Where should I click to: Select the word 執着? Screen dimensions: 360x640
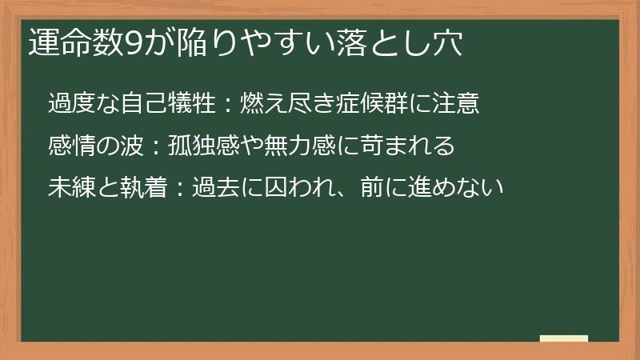(x=140, y=189)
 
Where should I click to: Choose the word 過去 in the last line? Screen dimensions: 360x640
(x=206, y=189)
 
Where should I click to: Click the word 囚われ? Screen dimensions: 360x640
(x=286, y=189)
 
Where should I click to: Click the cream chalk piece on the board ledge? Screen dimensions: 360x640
(x=564, y=339)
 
